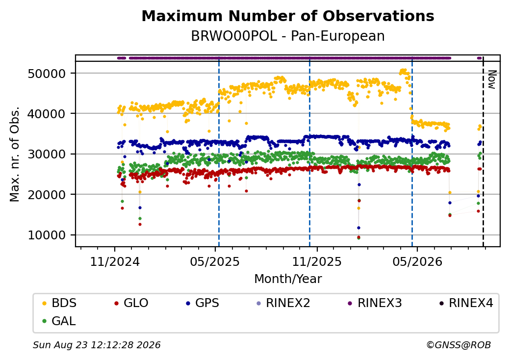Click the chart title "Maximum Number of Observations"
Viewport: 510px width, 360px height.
pos(288,16)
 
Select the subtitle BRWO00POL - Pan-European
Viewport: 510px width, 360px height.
pos(288,36)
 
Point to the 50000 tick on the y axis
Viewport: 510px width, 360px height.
pos(47,74)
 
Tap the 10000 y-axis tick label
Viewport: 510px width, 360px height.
pos(47,235)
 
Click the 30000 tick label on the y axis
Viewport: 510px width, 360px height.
pos(47,154)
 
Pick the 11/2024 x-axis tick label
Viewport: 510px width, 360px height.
pos(114,261)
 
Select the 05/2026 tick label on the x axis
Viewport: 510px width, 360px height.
pos(417,261)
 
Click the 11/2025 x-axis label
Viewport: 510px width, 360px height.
pos(317,261)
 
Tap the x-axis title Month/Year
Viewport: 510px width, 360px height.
pos(288,279)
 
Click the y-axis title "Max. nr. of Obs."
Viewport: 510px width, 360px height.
pos(15,154)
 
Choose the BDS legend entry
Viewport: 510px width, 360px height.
pos(59,303)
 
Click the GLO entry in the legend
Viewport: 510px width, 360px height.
pos(131,303)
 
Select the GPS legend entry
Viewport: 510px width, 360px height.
pos(203,303)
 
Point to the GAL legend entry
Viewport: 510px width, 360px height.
pos(59,321)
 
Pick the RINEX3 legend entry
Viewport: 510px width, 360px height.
pos(375,303)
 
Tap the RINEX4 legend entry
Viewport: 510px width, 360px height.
pos(466,303)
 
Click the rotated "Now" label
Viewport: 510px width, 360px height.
pos(492,79)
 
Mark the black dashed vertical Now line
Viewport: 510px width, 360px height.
pos(483,151)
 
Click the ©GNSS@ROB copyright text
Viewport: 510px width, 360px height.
pos(459,345)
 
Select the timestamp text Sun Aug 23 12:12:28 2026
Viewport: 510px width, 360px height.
pos(97,345)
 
